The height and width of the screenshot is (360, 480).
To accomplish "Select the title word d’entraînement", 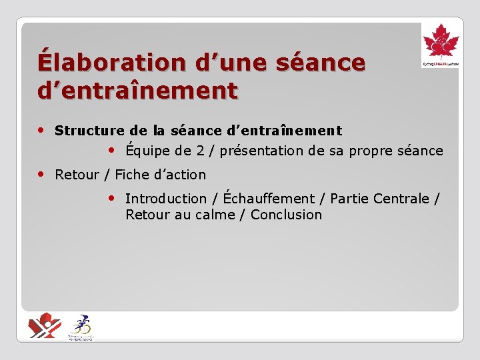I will click(x=137, y=89).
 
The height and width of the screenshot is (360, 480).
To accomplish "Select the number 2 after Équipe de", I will click(x=200, y=151).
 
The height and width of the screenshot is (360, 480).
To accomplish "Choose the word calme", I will click(x=214, y=215).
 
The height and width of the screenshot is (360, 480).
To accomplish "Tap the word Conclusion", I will click(x=286, y=215).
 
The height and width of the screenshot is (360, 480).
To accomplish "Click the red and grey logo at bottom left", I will click(x=44, y=326).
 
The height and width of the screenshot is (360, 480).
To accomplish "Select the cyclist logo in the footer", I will click(x=81, y=327).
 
